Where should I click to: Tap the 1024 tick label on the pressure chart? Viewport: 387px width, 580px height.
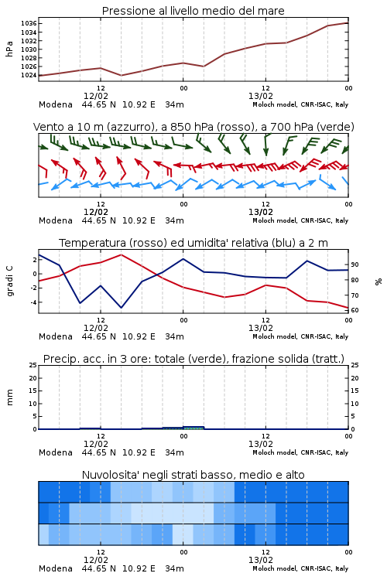29,76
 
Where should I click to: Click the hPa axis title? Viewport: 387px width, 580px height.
9,49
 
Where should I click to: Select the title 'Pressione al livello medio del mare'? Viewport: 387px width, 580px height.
193,11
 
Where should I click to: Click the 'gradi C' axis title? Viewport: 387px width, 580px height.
9,281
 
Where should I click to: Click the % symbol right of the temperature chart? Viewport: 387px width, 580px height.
378,281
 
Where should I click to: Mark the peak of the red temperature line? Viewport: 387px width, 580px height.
121,255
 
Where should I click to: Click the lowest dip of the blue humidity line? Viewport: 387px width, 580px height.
121,307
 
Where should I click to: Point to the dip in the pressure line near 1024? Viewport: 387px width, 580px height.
121,76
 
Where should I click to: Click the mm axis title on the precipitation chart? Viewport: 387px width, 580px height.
9,397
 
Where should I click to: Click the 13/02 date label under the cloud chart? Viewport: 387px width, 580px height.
261,561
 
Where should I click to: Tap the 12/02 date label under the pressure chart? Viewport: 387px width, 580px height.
96,97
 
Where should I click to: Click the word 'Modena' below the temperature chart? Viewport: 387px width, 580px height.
56,337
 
